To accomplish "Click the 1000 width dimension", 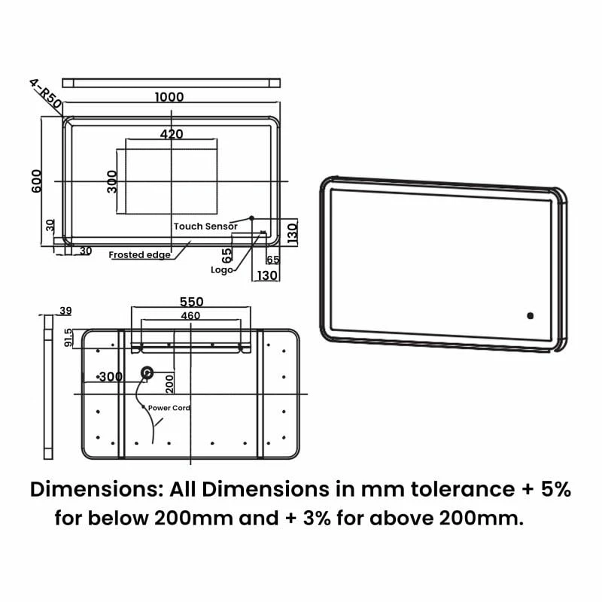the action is (169, 97).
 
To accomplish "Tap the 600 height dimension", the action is (36, 181).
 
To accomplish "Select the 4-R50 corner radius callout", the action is (45, 93).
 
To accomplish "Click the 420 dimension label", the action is (172, 134).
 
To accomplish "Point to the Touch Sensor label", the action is (205, 227).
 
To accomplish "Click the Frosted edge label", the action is (139, 254).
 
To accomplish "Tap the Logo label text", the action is (221, 270).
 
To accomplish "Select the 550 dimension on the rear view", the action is (192, 302).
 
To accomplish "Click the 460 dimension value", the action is (190, 315).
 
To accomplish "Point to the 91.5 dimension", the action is (68, 337).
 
